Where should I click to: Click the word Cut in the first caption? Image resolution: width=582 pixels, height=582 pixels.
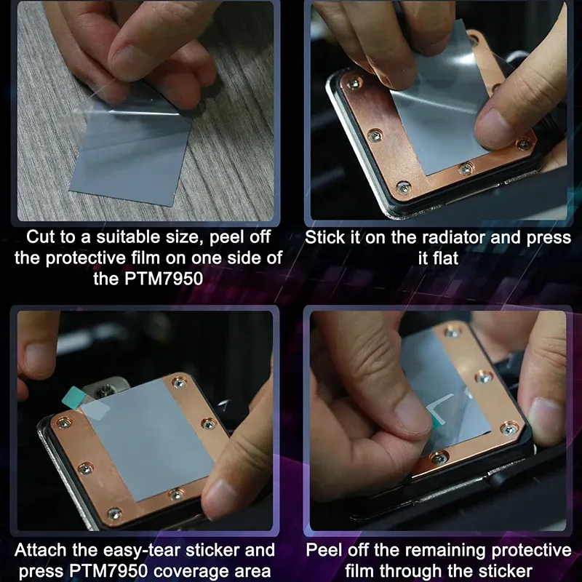tap(39, 237)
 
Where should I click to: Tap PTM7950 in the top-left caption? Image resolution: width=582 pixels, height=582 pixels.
tap(164, 279)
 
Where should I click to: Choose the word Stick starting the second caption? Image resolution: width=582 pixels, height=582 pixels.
tap(325, 238)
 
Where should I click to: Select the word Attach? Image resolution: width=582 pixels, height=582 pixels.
tap(41, 550)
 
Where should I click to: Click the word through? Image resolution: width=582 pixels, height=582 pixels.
tap(412, 572)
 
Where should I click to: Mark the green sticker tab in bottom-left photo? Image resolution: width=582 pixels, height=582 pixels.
tap(72, 396)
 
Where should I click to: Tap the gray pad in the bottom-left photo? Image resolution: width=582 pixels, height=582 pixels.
tap(148, 438)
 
